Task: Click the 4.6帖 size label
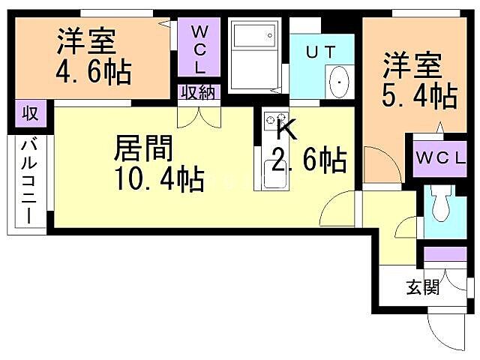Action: [94, 73]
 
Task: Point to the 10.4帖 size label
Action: [158, 179]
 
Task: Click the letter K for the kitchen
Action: [286, 129]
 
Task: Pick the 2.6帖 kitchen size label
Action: [308, 159]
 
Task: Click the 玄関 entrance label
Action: [423, 287]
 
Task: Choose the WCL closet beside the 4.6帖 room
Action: [199, 49]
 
